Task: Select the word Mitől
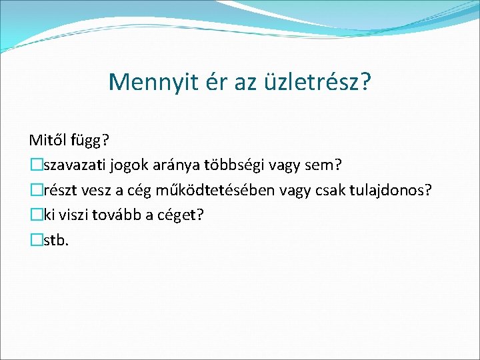(x=49, y=141)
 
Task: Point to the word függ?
(x=91, y=141)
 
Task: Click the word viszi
(x=73, y=215)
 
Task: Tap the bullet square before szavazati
(x=35, y=166)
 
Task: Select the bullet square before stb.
(x=35, y=240)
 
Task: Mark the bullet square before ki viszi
(x=35, y=215)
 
